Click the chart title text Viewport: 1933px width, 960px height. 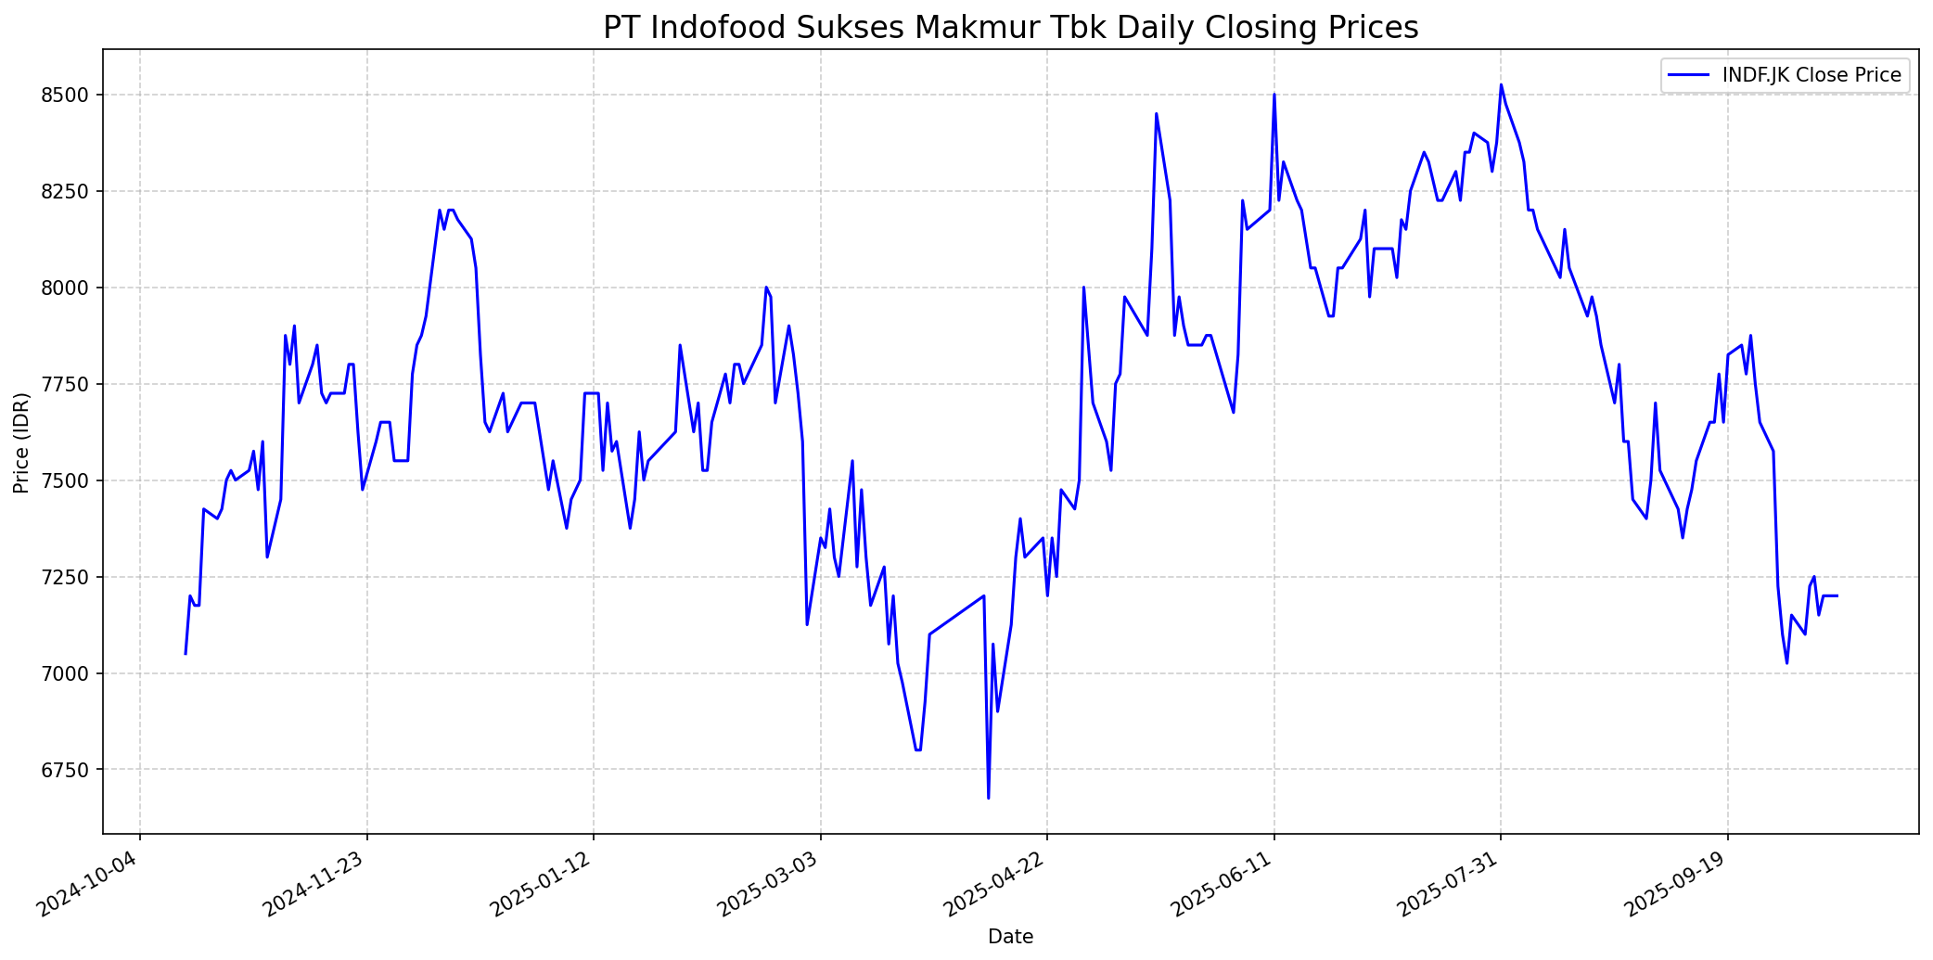1010,28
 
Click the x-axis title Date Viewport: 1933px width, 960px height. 1010,937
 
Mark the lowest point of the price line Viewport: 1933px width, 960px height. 988,798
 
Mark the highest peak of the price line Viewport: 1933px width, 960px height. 1501,85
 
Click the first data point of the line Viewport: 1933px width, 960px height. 186,654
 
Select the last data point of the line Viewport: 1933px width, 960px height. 1837,595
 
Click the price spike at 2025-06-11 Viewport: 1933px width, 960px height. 1274,95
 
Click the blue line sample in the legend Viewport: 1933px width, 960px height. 1688,75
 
